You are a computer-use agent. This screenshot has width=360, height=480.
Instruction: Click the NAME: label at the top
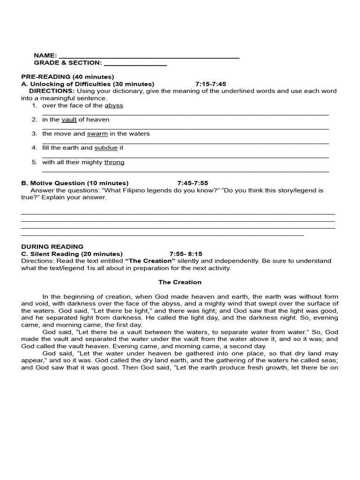[x=45, y=55]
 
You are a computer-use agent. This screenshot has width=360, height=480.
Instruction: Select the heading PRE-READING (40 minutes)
[x=67, y=76]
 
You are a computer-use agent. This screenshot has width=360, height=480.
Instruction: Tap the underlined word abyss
[x=114, y=105]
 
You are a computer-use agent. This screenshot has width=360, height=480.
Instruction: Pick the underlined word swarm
[x=97, y=134]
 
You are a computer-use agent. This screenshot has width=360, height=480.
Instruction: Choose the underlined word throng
[x=114, y=162]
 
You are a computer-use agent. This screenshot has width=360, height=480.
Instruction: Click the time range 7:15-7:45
[x=210, y=84]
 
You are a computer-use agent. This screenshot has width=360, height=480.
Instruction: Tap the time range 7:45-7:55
[x=193, y=183]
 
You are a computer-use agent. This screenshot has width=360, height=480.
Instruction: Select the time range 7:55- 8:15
[x=186, y=254]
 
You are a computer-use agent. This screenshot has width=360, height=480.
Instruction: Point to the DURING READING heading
[x=52, y=247]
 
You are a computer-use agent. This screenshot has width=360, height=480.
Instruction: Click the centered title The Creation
[x=180, y=282]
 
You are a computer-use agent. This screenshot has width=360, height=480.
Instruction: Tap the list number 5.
[x=34, y=162]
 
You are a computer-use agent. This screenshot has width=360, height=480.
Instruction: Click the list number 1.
[x=34, y=105]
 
